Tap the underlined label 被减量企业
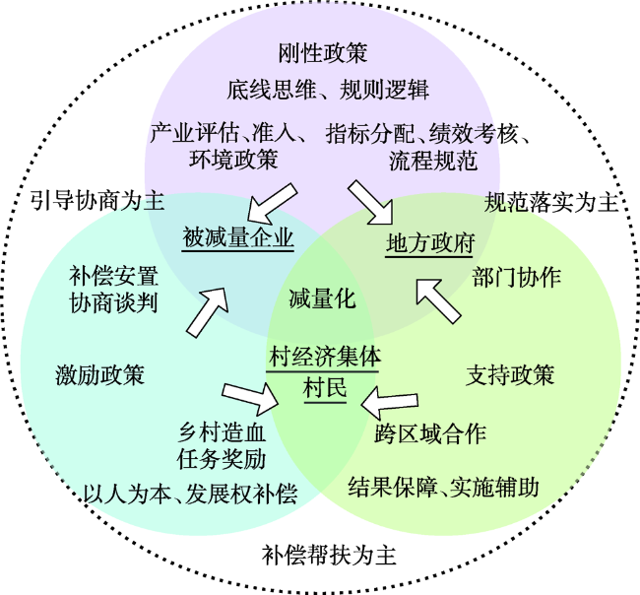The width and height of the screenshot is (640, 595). click(x=237, y=238)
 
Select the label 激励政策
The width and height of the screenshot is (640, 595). click(x=99, y=375)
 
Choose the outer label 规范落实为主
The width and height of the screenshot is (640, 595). click(x=551, y=204)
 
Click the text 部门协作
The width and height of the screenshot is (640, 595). click(x=517, y=277)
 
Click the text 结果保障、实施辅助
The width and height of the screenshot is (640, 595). click(x=444, y=486)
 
